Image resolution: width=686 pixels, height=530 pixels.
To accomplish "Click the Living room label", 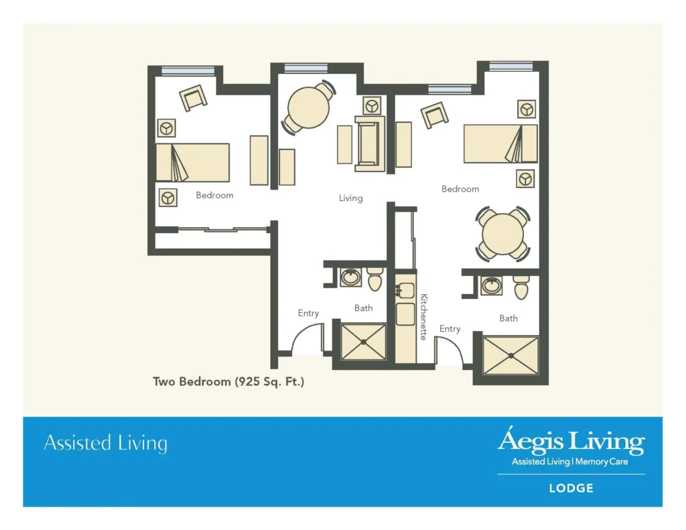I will point(350,198).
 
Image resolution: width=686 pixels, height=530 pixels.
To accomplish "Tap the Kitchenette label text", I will point(423,317).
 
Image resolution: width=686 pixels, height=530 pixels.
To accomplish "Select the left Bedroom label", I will point(214,196).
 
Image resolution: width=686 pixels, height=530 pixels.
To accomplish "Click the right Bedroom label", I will point(460,190).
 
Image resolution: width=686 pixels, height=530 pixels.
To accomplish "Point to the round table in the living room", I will point(309,107).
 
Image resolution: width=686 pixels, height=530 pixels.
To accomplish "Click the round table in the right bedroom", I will point(502,235).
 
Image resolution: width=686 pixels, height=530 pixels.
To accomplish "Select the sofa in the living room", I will point(370,143).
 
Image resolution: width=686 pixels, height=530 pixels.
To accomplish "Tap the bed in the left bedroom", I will point(193,162).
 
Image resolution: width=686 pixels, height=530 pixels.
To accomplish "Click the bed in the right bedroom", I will point(500,143).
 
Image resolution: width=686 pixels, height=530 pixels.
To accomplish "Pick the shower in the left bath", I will point(364,342).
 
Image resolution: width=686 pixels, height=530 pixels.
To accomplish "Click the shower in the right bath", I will point(511,356).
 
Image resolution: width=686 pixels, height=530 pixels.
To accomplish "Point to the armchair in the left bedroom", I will point(194,98).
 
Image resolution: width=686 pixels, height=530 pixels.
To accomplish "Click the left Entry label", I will point(309,313).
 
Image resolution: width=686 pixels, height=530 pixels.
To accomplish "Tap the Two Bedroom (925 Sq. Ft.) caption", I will point(229,382).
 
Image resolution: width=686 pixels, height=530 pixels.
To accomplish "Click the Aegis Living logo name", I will point(570,442).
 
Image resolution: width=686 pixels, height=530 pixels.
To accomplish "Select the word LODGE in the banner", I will point(571,488).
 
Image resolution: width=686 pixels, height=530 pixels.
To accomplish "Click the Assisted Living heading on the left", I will point(105,444).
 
